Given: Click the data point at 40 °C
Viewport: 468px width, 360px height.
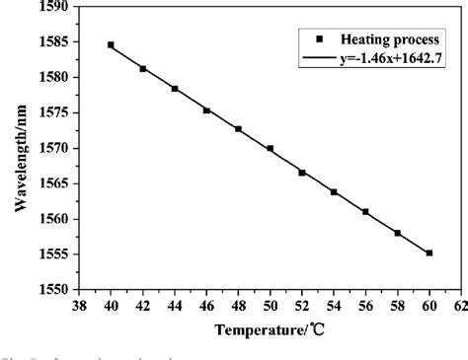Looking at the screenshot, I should coord(111,44).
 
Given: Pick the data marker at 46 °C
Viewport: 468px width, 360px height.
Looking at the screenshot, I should coord(206,110).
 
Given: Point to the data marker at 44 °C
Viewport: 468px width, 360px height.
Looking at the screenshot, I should coord(175,89).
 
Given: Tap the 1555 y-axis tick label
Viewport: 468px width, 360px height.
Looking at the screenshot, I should coord(58,254).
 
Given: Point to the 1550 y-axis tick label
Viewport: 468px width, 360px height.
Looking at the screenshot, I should coord(58,290).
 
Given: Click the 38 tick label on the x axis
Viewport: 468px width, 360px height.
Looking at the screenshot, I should coord(79,307).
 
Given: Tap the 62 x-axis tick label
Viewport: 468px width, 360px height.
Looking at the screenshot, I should coord(459,307).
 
